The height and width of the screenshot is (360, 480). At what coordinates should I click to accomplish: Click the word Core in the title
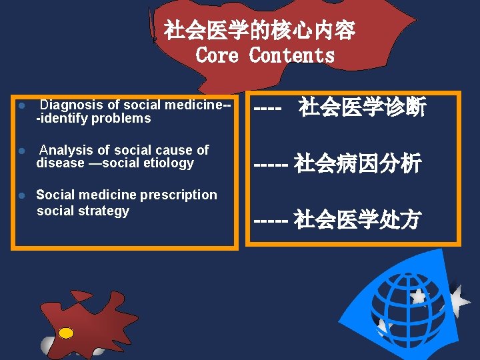pyautogui.click(x=217, y=55)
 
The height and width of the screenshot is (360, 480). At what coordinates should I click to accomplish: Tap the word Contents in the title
pyautogui.click(x=291, y=55)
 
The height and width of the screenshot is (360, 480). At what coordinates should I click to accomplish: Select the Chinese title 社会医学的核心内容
pyautogui.click(x=259, y=30)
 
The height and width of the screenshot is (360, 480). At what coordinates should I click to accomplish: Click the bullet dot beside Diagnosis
pyautogui.click(x=22, y=106)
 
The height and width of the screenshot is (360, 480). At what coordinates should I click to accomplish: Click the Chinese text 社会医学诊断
pyautogui.click(x=362, y=107)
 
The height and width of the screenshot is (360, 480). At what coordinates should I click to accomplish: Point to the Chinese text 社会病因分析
pyautogui.click(x=357, y=163)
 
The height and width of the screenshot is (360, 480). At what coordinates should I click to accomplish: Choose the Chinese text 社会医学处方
pyautogui.click(x=357, y=219)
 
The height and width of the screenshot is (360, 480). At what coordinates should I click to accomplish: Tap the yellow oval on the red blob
pyautogui.click(x=66, y=332)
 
